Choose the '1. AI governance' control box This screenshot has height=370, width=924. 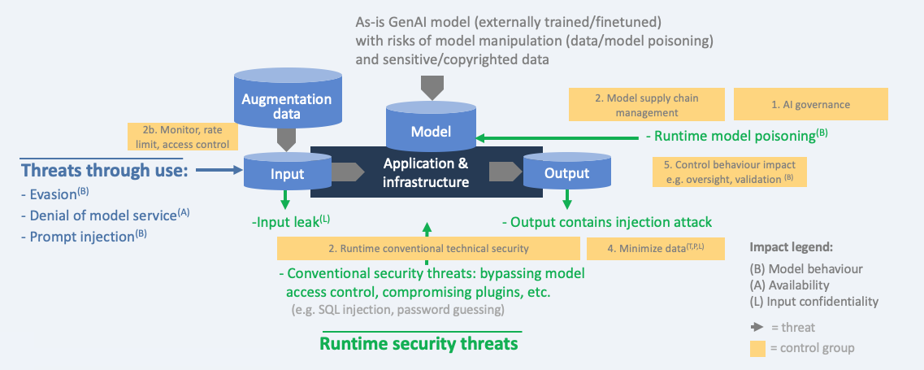(810, 105)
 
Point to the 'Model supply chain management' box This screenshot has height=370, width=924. (647, 105)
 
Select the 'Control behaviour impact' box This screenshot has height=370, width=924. (730, 171)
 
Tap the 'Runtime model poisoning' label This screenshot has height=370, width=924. (735, 136)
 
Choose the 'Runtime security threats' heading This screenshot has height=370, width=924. (419, 344)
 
